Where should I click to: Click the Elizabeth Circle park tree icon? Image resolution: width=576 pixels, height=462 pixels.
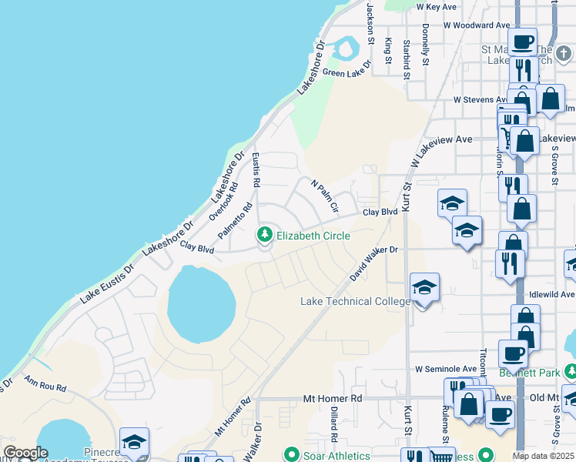point(266,233)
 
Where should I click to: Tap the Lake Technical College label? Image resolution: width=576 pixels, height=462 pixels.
point(355,301)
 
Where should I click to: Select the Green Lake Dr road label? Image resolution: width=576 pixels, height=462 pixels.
point(347,73)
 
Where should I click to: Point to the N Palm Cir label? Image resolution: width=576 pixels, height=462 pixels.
point(325,196)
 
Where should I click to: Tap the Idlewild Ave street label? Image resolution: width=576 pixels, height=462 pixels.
point(551,295)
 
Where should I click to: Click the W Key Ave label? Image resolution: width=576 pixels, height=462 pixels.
point(437,6)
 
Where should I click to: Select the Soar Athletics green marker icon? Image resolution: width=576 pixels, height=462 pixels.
point(291,456)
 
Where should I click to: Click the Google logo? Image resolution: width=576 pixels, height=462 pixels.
point(25,453)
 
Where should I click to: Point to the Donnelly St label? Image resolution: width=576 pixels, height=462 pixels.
point(425,43)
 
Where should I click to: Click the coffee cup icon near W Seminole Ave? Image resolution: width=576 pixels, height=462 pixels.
point(513,353)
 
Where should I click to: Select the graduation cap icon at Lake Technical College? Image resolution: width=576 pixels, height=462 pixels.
point(424,287)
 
